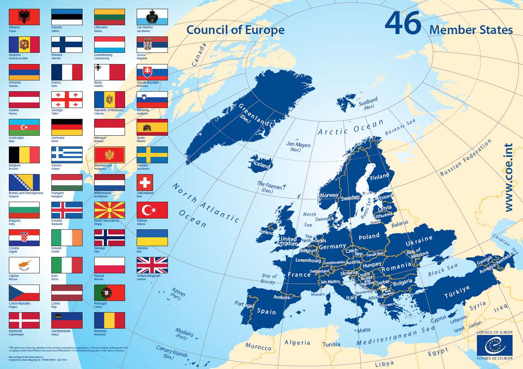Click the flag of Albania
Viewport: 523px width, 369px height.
click(24, 17)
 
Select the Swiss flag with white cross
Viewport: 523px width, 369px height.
click(145, 182)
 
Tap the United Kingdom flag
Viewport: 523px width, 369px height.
click(152, 265)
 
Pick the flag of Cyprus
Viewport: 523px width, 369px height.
click(24, 265)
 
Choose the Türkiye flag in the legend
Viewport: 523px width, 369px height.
click(152, 210)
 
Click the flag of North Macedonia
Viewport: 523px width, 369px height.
click(109, 210)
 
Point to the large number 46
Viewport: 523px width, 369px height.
click(403, 24)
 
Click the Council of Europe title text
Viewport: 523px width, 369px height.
click(236, 30)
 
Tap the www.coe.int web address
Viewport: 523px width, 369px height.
click(509, 178)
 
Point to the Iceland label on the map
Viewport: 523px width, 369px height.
click(262, 164)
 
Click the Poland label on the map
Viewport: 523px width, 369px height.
click(369, 237)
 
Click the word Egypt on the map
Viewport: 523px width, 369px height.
click(438, 352)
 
